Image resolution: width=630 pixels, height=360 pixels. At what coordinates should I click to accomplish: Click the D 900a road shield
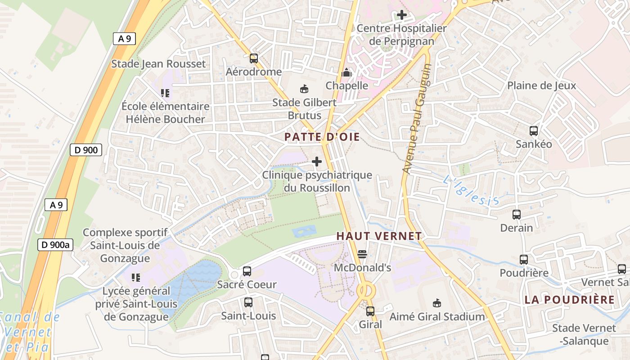coord(55,245)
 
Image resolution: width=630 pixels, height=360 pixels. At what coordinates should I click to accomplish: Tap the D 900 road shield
coord(85,150)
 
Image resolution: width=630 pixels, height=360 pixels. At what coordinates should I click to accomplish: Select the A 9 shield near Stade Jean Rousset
coord(124,39)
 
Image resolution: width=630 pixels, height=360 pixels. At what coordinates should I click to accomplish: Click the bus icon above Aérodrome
coord(254,58)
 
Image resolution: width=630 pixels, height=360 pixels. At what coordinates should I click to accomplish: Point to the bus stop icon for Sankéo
coord(534,131)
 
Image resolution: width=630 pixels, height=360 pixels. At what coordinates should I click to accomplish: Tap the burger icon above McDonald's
coord(362,254)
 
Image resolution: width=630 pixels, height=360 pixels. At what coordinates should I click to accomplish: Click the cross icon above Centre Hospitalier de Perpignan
coord(401,15)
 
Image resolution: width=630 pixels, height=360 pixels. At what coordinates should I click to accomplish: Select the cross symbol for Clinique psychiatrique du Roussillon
coord(317,161)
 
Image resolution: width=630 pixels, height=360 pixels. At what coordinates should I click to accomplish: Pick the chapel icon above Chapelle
coord(346,72)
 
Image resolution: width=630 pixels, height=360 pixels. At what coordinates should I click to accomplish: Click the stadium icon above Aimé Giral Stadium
coord(436,303)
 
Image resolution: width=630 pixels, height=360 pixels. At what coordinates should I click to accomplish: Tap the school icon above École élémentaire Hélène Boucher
coord(165,93)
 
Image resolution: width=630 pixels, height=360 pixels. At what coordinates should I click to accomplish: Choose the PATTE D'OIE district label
coord(322,137)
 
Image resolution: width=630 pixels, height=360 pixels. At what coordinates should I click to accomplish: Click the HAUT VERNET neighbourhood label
coord(379,236)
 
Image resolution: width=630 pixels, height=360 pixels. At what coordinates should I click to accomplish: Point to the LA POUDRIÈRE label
coord(569,300)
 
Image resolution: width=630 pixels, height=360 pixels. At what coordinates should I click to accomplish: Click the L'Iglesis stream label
coord(471,192)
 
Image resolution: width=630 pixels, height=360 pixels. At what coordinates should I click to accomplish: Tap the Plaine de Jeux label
coord(541,85)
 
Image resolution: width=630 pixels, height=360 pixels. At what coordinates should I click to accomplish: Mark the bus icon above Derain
coord(517,215)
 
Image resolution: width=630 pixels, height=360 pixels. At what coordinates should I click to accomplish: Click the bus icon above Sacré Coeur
coord(247,271)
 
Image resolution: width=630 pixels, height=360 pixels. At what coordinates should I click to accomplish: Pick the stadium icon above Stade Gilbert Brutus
coord(304,89)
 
